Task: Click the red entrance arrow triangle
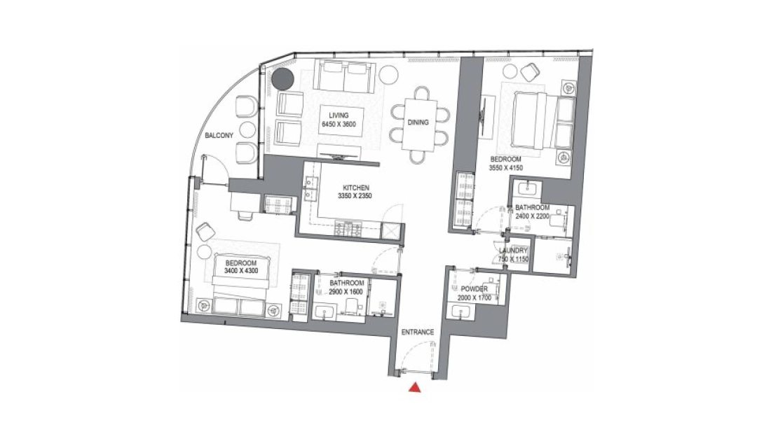pos(416,388)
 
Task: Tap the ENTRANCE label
pos(418,332)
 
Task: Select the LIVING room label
pos(339,116)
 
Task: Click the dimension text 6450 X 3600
pos(339,125)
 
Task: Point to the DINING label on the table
pos(418,122)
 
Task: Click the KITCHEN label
pos(356,188)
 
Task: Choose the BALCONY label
pos(219,135)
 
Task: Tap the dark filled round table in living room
pos(283,78)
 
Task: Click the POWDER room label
pos(474,289)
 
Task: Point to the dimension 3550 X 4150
pos(505,168)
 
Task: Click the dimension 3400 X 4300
pos(241,271)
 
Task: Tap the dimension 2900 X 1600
pos(346,292)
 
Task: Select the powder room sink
pos(461,312)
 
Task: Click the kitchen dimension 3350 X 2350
pos(355,196)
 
